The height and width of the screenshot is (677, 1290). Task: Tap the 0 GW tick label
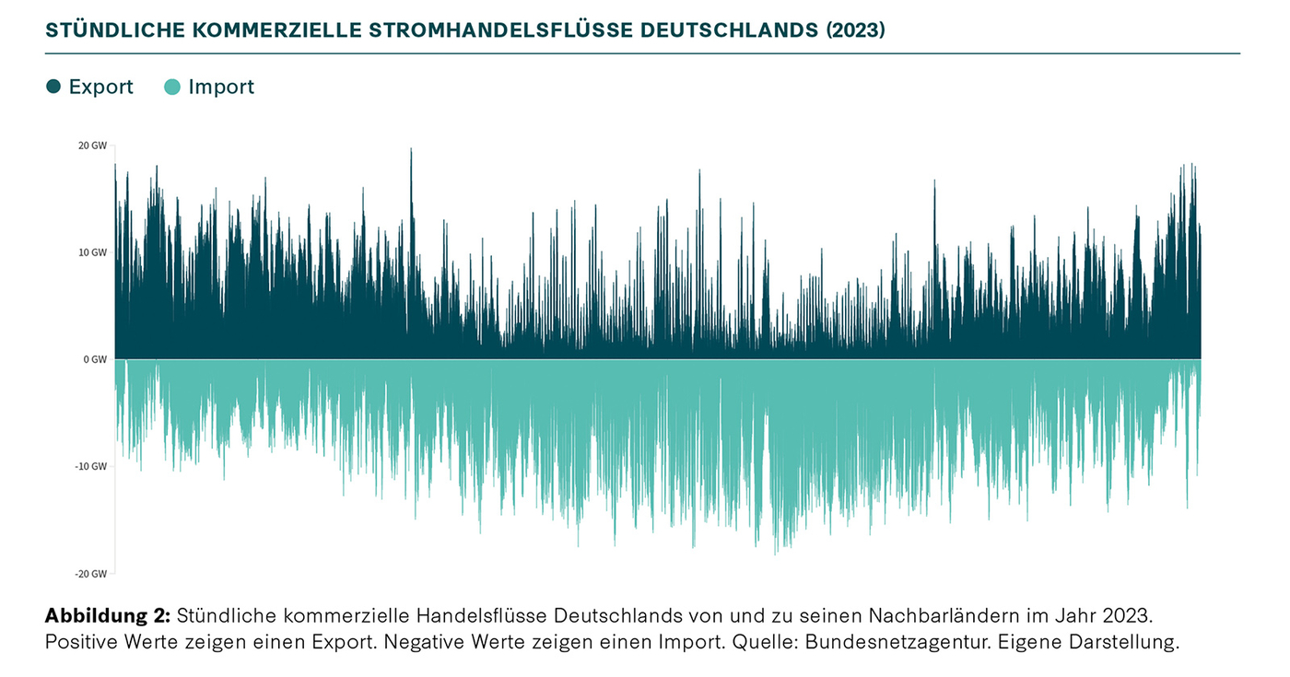coord(96,359)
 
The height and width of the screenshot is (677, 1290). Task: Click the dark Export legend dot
coord(53,88)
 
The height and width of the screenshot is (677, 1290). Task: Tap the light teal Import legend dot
coord(172,88)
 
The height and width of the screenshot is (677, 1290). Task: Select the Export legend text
coord(101,88)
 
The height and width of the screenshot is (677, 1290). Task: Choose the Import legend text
coord(221,88)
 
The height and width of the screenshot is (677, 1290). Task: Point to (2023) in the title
coord(854,29)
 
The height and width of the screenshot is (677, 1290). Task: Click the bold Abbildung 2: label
coord(107,615)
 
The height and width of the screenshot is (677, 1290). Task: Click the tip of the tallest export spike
coord(411,149)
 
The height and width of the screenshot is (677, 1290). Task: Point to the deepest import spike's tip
coord(776,554)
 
